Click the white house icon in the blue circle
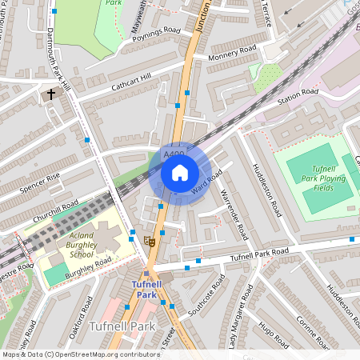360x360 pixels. [x=180, y=172]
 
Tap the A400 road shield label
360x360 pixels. [x=173, y=154]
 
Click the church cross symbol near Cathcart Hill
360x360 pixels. [x=52, y=94]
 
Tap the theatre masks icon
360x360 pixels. [x=148, y=239]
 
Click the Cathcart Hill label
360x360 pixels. [x=130, y=81]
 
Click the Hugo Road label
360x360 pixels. [x=274, y=335]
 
